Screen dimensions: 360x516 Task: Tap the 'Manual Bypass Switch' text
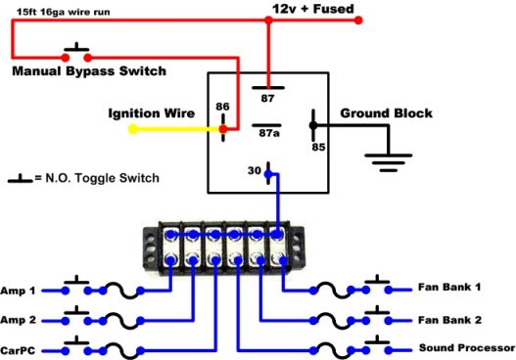pyautogui.click(x=89, y=71)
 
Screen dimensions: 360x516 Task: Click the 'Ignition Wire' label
pyautogui.click(x=151, y=113)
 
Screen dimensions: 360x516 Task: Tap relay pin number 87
pyautogui.click(x=266, y=98)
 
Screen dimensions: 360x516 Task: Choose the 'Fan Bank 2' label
pyautogui.click(x=450, y=320)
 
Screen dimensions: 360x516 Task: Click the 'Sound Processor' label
pyautogui.click(x=466, y=348)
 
